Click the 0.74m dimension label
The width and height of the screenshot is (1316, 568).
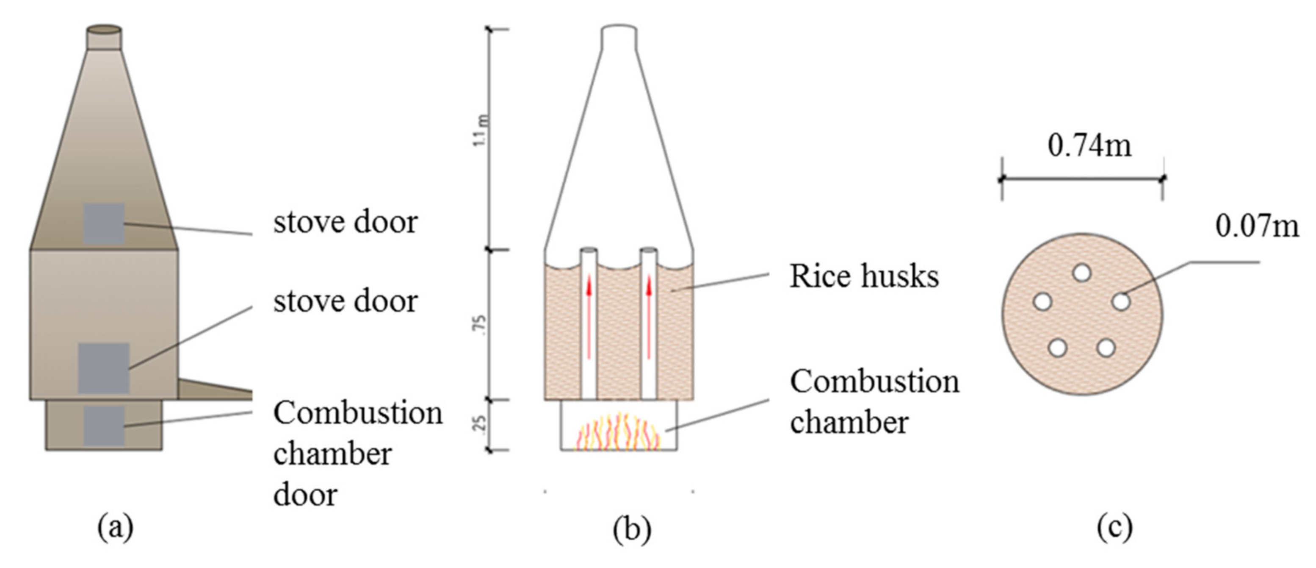click(x=1089, y=146)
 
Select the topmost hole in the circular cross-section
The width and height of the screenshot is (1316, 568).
click(x=1081, y=273)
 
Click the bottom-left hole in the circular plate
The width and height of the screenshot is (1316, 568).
click(x=1058, y=348)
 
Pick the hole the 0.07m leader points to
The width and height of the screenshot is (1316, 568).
click(x=1121, y=301)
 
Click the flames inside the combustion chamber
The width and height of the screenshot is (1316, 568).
click(x=619, y=433)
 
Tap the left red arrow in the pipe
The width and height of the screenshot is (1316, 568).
click(x=589, y=317)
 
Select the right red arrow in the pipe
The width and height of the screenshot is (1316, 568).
click(x=649, y=317)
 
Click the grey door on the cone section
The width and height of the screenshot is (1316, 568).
click(x=104, y=224)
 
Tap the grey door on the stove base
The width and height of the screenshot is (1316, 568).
click(x=104, y=426)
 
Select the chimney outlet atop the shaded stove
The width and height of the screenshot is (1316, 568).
click(x=104, y=37)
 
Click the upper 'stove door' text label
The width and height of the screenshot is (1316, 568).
click(x=346, y=223)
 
